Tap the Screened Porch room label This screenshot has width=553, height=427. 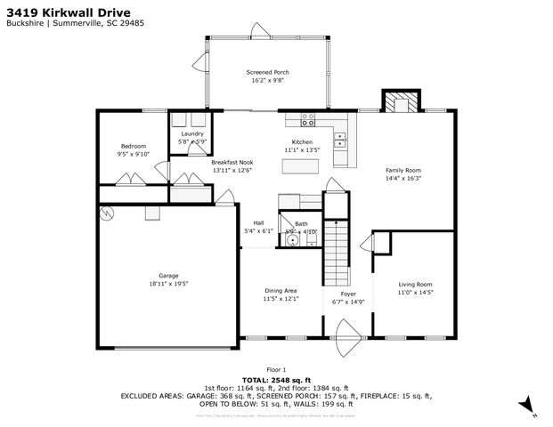267,73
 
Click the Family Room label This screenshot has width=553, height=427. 403,169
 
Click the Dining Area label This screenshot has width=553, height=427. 281,291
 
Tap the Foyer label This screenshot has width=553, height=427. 348,294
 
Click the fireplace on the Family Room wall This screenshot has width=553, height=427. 399,102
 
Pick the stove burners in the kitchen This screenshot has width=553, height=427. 308,118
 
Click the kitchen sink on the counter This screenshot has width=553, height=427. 340,138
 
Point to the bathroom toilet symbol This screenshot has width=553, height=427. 291,241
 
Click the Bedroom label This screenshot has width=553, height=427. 134,146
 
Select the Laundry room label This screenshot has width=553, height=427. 192,133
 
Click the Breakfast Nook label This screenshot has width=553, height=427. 232,163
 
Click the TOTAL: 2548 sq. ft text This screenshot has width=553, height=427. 276,379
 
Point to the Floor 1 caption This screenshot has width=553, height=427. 276,369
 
